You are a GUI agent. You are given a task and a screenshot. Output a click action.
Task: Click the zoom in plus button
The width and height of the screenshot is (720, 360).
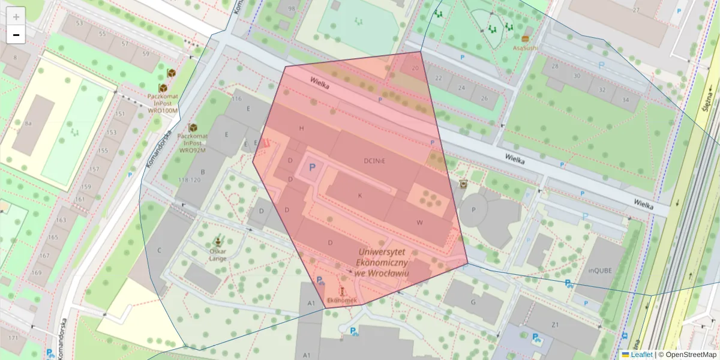point(16,16)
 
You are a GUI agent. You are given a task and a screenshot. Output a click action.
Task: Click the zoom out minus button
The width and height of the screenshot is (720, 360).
point(16,35)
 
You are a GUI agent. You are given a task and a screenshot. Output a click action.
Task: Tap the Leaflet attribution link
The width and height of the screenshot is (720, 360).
point(641,355)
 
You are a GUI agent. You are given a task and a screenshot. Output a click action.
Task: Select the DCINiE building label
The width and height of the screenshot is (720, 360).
point(374,161)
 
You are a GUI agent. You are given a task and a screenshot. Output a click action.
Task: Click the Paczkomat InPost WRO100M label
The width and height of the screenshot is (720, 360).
point(163,103)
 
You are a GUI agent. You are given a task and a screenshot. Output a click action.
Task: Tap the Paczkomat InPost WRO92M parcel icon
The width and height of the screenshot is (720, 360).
point(193,128)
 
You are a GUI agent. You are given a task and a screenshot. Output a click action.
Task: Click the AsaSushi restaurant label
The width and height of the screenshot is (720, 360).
point(525,47)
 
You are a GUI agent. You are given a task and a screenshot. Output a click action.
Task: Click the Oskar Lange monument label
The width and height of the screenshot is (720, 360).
point(217,254)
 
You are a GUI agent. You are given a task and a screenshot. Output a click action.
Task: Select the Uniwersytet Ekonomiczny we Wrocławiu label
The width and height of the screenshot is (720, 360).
point(382,263)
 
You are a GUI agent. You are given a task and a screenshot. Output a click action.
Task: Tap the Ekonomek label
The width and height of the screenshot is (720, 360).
point(341,300)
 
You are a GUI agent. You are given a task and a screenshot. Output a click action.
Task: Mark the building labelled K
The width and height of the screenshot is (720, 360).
point(361,196)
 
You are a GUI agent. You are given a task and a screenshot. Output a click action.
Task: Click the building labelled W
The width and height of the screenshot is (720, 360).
point(419,223)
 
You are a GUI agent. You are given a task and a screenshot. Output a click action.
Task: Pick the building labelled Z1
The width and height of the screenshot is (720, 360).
point(555,325)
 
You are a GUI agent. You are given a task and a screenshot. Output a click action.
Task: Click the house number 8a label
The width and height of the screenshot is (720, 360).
point(28,124)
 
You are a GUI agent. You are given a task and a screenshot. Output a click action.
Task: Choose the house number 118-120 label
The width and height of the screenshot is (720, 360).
point(189,180)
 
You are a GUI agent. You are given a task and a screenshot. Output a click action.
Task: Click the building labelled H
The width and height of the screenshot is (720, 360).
point(302,129)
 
